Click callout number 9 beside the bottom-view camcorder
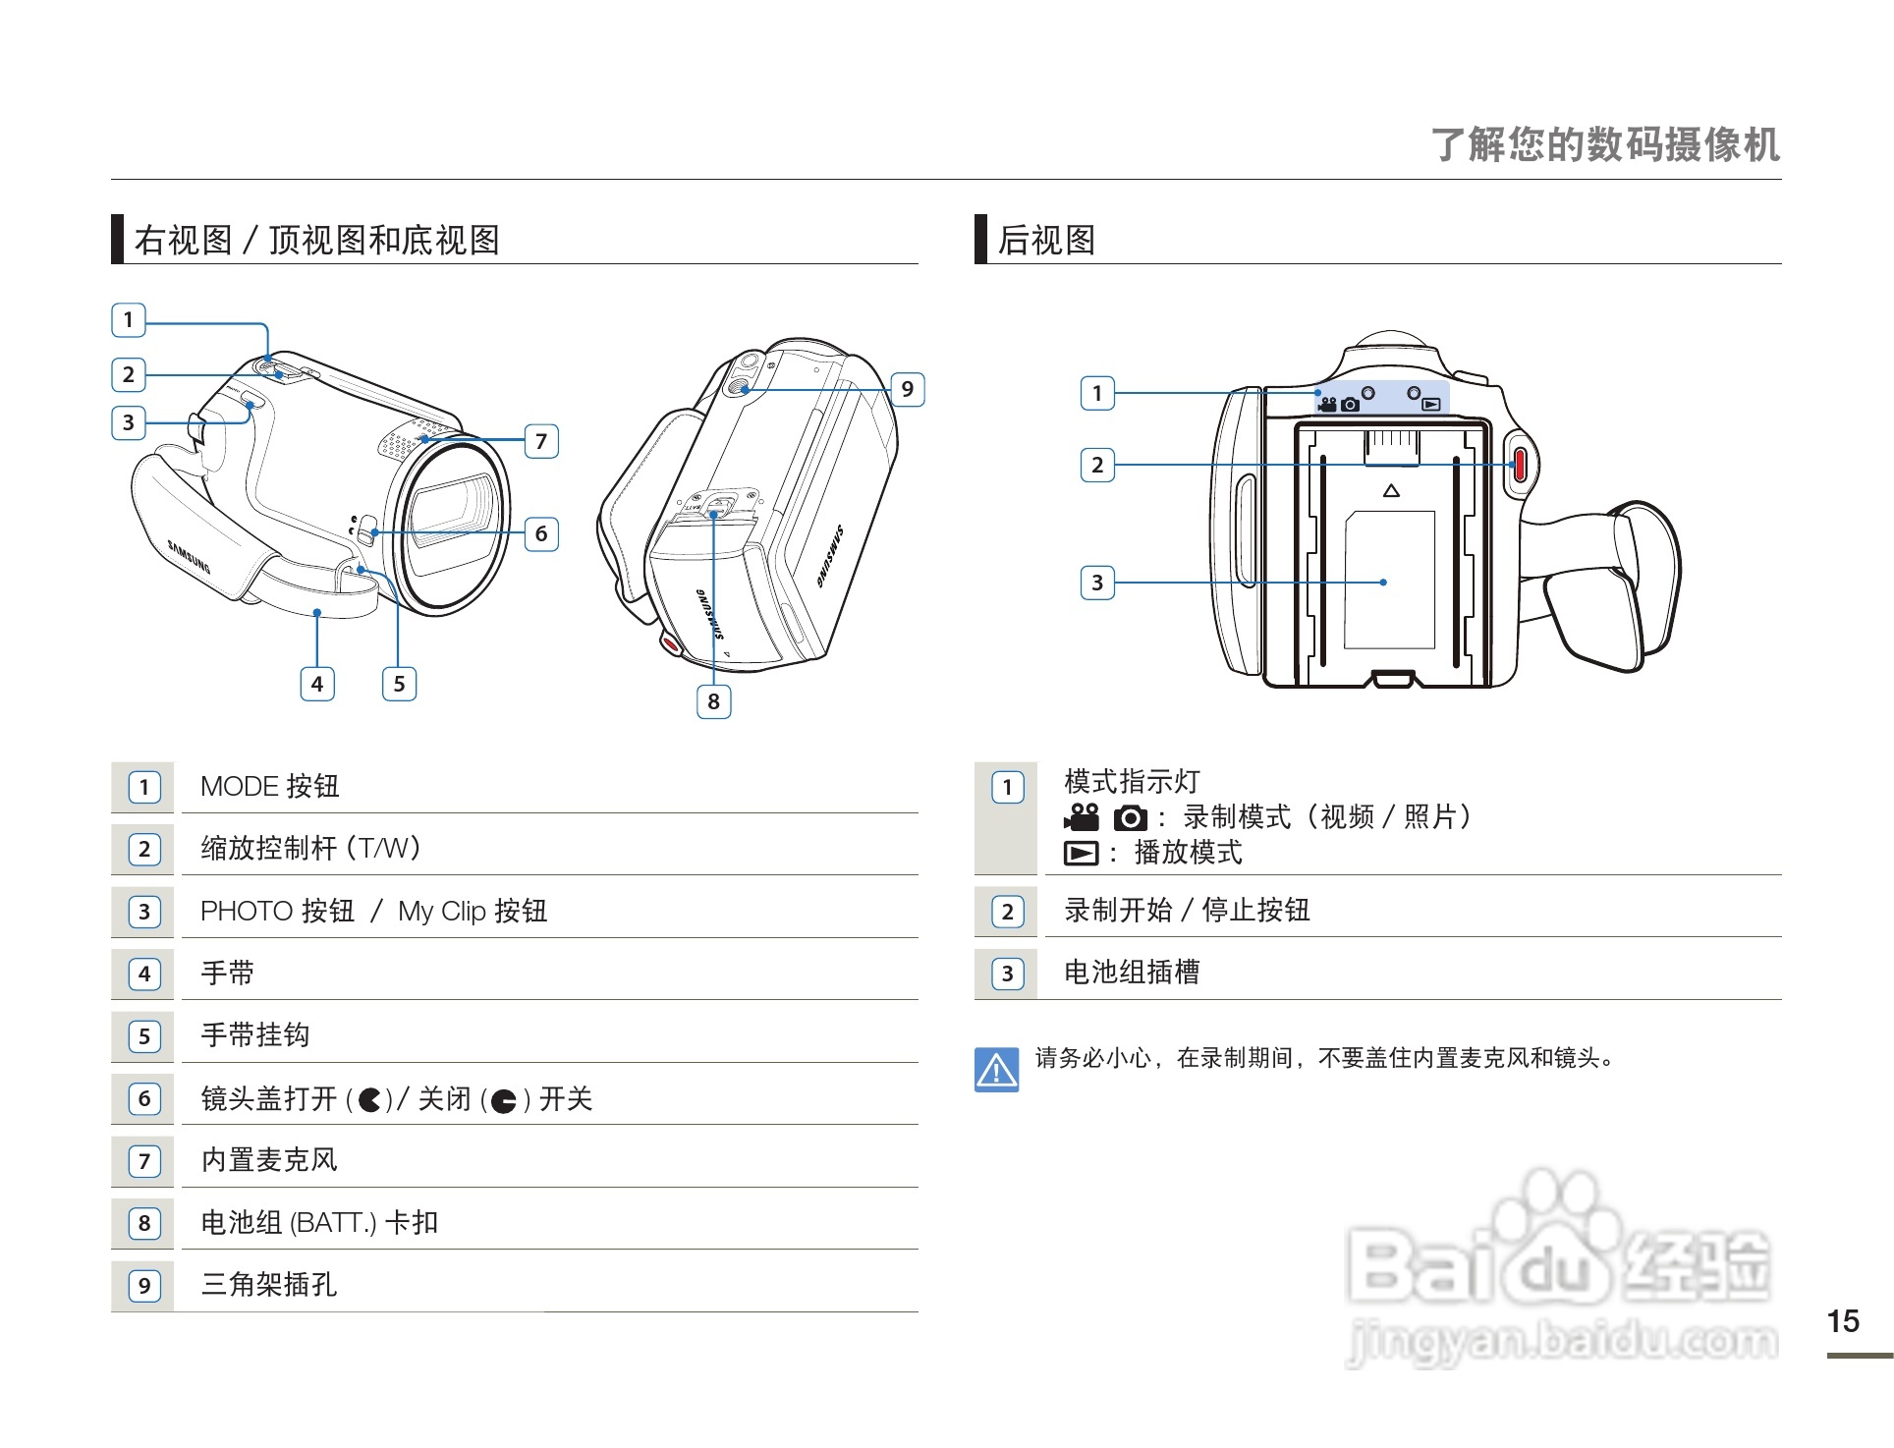[907, 389]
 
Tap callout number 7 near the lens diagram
[541, 441]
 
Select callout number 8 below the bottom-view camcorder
[713, 701]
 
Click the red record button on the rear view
[1519, 465]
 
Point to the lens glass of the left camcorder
[453, 511]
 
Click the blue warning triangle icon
[996, 1069]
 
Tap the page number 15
[1843, 1320]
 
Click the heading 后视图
[1046, 240]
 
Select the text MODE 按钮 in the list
[269, 786]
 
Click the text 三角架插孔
[268, 1284]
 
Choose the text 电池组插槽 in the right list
[1131, 972]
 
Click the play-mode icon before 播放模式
[1081, 853]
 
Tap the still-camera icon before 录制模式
[1130, 817]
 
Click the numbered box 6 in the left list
[144, 1098]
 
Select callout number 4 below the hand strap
[316, 684]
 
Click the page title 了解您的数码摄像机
[1605, 144]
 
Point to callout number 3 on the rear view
[1097, 583]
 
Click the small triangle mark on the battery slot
[1391, 490]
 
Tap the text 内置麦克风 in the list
[268, 1159]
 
